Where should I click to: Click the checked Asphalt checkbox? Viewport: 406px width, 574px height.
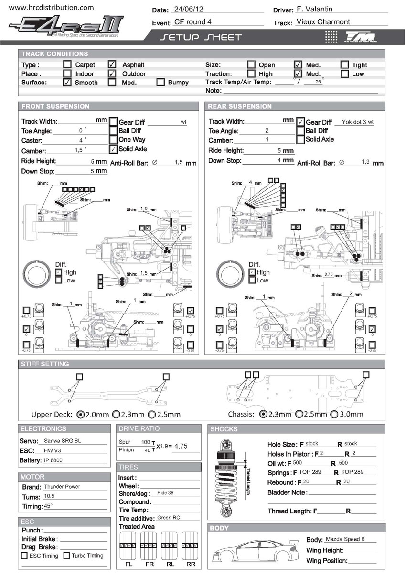(112, 64)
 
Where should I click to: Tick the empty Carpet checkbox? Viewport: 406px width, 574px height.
(67, 64)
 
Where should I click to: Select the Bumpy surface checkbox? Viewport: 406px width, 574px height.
(161, 82)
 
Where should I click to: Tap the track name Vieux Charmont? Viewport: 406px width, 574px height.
(323, 22)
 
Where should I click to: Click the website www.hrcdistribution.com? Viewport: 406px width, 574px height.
(52, 8)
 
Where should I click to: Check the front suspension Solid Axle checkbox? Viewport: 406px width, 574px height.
(113, 149)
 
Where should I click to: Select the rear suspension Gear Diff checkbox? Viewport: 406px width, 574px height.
(300, 122)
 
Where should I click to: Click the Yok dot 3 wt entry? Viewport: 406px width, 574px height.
(357, 122)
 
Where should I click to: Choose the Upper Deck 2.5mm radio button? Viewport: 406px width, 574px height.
(152, 414)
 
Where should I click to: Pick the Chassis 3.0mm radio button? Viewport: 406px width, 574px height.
(334, 414)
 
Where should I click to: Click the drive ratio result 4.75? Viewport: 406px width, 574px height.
(181, 446)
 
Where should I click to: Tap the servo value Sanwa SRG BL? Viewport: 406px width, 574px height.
(62, 441)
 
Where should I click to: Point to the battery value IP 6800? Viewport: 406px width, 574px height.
(53, 460)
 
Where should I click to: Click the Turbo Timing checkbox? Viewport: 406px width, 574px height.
(67, 555)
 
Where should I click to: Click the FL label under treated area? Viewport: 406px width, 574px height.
(129, 564)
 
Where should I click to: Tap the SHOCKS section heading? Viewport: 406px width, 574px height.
(224, 429)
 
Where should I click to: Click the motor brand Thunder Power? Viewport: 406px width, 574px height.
(62, 487)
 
